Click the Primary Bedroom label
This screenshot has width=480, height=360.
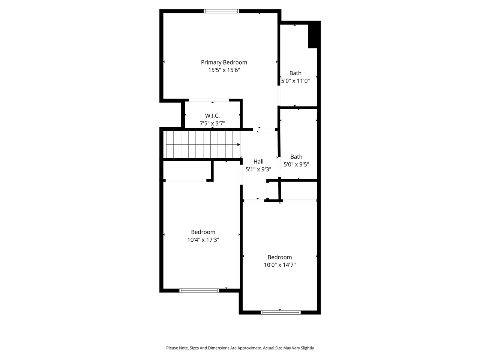(x=224, y=62)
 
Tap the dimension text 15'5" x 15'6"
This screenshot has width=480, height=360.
(x=224, y=70)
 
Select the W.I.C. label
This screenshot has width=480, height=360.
(x=212, y=115)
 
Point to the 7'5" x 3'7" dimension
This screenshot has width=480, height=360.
(x=212, y=123)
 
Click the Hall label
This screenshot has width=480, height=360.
(x=258, y=162)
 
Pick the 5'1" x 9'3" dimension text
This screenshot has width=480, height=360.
(x=258, y=169)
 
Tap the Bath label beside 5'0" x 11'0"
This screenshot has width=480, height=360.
(x=295, y=73)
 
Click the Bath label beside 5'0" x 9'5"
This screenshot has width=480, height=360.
(x=296, y=157)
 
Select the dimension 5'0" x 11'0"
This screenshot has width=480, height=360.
(x=295, y=81)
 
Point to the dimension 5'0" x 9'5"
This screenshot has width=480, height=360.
(x=296, y=165)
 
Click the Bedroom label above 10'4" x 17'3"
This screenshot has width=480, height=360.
(x=203, y=232)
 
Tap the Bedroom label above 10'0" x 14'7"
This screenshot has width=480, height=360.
(x=280, y=257)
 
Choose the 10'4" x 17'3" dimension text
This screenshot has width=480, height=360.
(x=203, y=240)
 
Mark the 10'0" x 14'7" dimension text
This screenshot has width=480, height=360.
(x=280, y=265)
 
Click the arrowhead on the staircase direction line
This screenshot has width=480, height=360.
(x=238, y=144)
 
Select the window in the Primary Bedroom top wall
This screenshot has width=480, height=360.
(x=221, y=11)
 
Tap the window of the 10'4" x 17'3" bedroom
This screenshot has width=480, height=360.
(x=199, y=290)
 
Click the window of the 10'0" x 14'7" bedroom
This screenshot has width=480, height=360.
(x=281, y=312)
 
